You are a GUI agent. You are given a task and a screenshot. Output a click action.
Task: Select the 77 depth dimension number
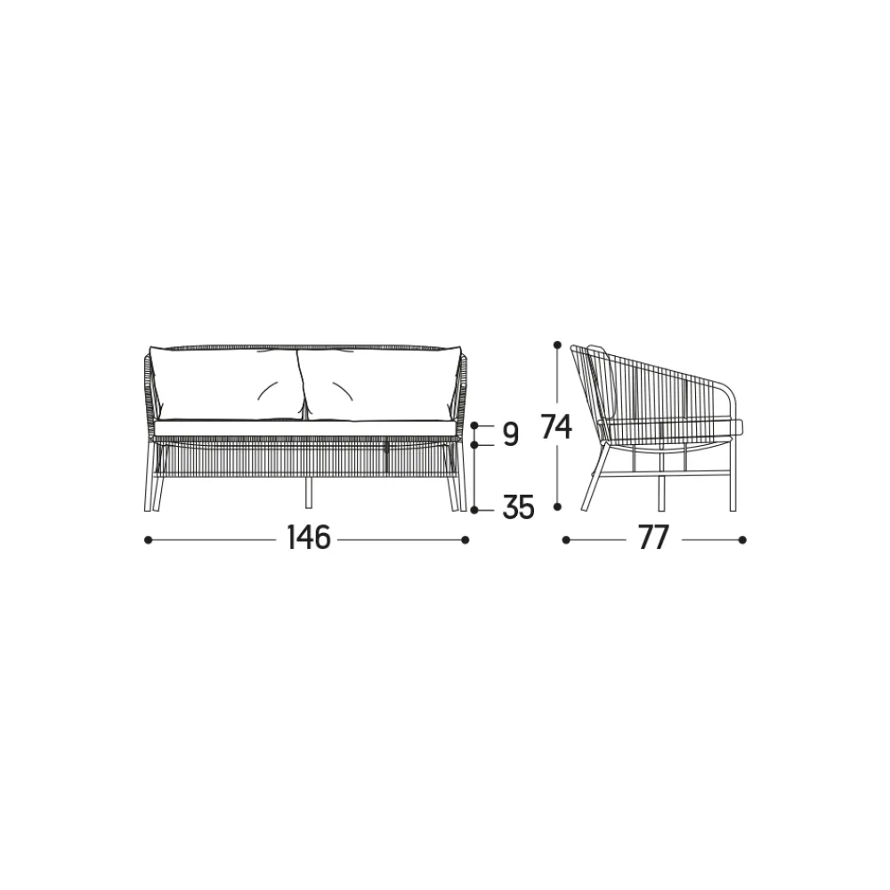point(653,538)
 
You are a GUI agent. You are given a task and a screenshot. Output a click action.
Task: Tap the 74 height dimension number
point(556,426)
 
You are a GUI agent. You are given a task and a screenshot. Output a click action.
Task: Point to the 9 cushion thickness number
point(510,435)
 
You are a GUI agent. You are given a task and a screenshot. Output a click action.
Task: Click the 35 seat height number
point(518,507)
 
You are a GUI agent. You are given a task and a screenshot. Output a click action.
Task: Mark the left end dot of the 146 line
point(148,540)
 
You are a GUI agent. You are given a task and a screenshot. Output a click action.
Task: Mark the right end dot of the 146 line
point(465,540)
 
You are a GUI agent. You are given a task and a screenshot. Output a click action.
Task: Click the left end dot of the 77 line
point(566,540)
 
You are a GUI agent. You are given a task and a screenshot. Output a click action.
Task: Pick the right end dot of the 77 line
point(742,540)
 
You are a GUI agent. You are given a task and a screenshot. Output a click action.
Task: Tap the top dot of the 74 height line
point(557,344)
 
